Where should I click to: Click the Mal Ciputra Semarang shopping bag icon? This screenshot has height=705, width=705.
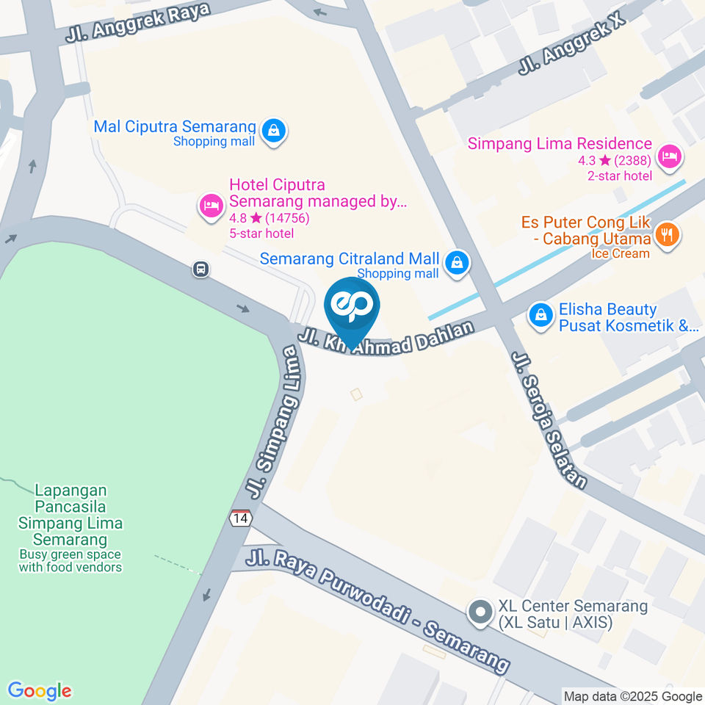coord(274,131)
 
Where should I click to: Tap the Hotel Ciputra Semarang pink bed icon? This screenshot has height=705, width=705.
coord(211,206)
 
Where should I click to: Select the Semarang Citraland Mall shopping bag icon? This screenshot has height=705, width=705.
coord(458,262)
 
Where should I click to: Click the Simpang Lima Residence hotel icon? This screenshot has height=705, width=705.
coord(669,156)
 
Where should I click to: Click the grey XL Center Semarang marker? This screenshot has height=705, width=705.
coord(481,611)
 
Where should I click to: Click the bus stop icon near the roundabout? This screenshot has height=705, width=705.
coord(201,270)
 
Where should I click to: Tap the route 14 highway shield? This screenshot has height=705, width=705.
coord(240,518)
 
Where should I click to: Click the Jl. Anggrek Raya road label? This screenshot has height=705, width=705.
coord(137,22)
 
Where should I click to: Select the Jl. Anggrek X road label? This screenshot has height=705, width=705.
coord(571,43)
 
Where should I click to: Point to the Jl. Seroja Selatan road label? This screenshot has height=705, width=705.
coord(550,419)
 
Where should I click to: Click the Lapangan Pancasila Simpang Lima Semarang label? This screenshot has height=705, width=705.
coord(70,514)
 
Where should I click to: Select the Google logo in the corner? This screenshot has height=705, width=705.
coord(40,690)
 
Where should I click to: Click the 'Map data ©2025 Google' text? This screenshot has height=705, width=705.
coord(632,696)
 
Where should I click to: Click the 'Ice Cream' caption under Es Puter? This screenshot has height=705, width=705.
coord(621,253)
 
